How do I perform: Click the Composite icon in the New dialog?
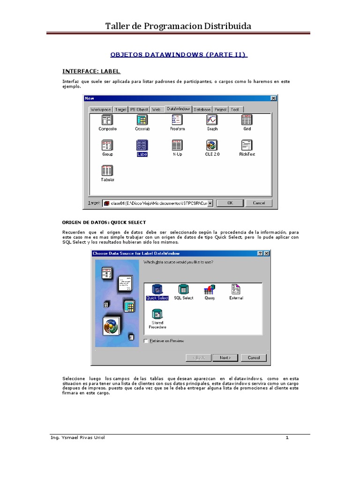pyautogui.click(x=107, y=120)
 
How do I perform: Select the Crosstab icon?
pyautogui.click(x=142, y=120)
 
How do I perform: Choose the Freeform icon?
pyautogui.click(x=177, y=120)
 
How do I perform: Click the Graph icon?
pyautogui.click(x=212, y=120)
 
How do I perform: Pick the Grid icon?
pyautogui.click(x=247, y=120)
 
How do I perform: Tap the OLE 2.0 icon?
pyautogui.click(x=212, y=145)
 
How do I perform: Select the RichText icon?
pyautogui.click(x=247, y=145)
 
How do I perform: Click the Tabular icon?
pyautogui.click(x=107, y=171)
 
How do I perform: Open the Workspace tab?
pyautogui.click(x=100, y=109)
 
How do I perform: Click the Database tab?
pyautogui.click(x=202, y=109)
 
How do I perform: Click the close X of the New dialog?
pyautogui.click(x=273, y=98)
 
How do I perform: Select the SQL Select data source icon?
pyautogui.click(x=184, y=289)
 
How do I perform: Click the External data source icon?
pyautogui.click(x=236, y=289)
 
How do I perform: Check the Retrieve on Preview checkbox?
pyautogui.click(x=146, y=341)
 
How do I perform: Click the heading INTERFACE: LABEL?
pyautogui.click(x=91, y=71)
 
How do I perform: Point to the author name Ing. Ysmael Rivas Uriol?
pyautogui.click(x=78, y=437)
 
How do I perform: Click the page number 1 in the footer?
pyautogui.click(x=287, y=437)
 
